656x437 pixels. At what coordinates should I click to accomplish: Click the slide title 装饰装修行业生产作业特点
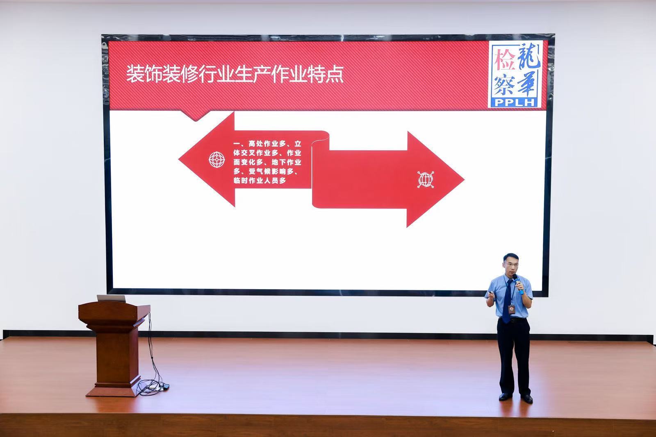coord(235,75)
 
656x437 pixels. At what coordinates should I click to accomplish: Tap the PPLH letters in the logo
coord(515,102)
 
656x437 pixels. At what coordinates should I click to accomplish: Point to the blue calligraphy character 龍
coord(528,56)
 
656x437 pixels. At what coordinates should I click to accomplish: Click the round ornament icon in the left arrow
coord(217,160)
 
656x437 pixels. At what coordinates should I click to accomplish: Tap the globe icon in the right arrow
coord(426,180)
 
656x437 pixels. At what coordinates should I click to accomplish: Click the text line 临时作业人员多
coord(260,181)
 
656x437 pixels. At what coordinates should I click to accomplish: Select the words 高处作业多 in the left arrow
coord(267,144)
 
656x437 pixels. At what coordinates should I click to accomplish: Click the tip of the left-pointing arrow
coord(179,159)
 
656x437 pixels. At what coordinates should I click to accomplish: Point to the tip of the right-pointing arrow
coord(464,179)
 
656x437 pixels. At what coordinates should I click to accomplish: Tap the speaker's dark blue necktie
coord(507,301)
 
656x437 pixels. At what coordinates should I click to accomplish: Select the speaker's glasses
coord(511,264)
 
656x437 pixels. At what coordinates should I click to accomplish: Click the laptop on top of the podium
coord(111,298)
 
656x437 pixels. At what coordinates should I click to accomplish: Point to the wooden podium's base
coord(114,390)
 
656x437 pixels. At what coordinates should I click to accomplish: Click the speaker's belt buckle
coord(512,320)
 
